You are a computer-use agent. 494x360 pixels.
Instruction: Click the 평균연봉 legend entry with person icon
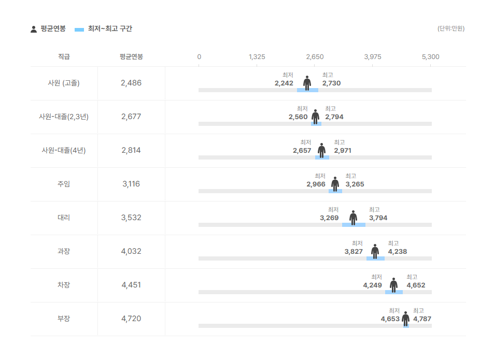coord(48,29)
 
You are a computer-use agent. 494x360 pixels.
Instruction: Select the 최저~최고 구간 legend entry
coord(104,29)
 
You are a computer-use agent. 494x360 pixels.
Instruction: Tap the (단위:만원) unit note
coord(450,28)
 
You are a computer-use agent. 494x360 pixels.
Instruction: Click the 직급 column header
coord(64,56)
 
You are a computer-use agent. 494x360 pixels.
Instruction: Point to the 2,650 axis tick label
coord(315,56)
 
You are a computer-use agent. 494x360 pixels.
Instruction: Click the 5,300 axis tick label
coord(430,56)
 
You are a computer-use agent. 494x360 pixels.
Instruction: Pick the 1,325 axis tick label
coord(257,56)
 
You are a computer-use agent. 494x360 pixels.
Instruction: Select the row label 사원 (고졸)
coord(64,83)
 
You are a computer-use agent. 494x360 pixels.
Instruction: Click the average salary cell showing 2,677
coord(131,117)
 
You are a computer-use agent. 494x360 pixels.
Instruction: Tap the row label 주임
coord(64,184)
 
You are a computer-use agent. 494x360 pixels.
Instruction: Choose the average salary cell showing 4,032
coord(131,251)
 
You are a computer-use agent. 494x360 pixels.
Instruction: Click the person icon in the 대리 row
coord(353,218)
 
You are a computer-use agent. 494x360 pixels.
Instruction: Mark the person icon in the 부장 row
coord(405,319)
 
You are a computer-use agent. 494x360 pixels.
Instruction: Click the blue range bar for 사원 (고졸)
coord(307,90)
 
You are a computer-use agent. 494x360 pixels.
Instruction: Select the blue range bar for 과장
coord(375,258)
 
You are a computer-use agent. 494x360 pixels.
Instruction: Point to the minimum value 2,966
coord(316,184)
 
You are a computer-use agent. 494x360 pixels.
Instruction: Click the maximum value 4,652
coord(416,285)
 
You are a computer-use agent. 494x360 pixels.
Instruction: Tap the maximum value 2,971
coord(342,151)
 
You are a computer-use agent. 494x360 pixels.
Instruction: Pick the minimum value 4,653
coord(390,319)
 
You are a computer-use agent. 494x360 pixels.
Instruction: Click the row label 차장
coord(64,285)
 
